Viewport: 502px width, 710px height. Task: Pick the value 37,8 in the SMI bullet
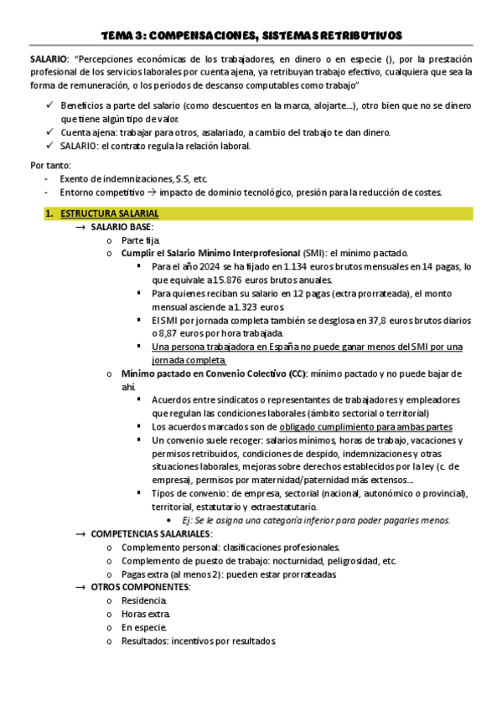click(334, 321)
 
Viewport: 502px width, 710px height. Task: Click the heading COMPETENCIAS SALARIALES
click(151, 533)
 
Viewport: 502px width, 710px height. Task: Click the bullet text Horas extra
click(145, 614)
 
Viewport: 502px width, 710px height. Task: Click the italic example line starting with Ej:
click(310, 520)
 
